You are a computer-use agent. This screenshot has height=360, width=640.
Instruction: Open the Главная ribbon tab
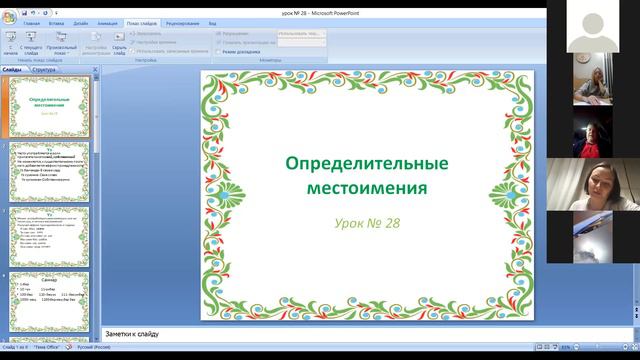[x=32, y=22]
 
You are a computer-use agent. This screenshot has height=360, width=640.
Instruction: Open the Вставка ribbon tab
[x=56, y=22]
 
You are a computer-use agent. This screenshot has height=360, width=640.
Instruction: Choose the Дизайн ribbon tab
[x=80, y=22]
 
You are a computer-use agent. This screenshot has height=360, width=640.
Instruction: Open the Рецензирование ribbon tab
[x=183, y=22]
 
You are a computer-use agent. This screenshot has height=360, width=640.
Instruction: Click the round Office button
[x=7, y=11]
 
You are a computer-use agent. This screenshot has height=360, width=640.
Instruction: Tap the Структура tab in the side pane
[x=44, y=70]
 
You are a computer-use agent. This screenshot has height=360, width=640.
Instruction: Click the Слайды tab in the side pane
[x=13, y=70]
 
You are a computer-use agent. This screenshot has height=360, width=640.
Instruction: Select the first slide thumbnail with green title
[x=49, y=106]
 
